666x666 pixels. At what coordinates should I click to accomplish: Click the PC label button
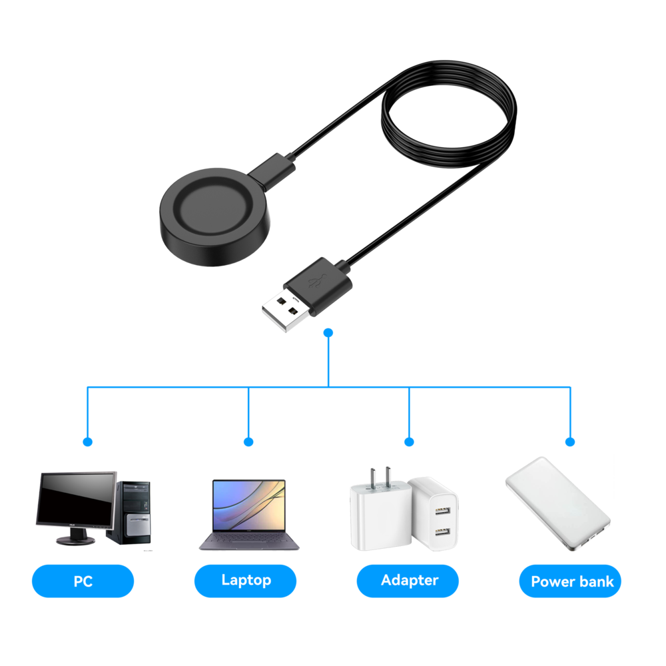click(x=83, y=581)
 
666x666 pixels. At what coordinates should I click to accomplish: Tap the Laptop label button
click(x=245, y=581)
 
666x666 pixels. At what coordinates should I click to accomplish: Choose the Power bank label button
click(x=571, y=581)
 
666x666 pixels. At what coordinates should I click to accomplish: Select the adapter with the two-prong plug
click(x=376, y=513)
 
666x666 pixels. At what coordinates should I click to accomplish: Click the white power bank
click(x=557, y=503)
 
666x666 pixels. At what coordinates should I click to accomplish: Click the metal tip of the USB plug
click(x=286, y=311)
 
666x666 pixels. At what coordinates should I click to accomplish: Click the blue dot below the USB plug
click(x=328, y=332)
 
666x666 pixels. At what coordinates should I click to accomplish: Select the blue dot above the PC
click(x=87, y=442)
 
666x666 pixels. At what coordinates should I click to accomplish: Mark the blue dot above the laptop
click(x=248, y=442)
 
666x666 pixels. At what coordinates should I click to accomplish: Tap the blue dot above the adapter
click(x=409, y=442)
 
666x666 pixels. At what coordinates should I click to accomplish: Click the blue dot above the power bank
click(x=570, y=442)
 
